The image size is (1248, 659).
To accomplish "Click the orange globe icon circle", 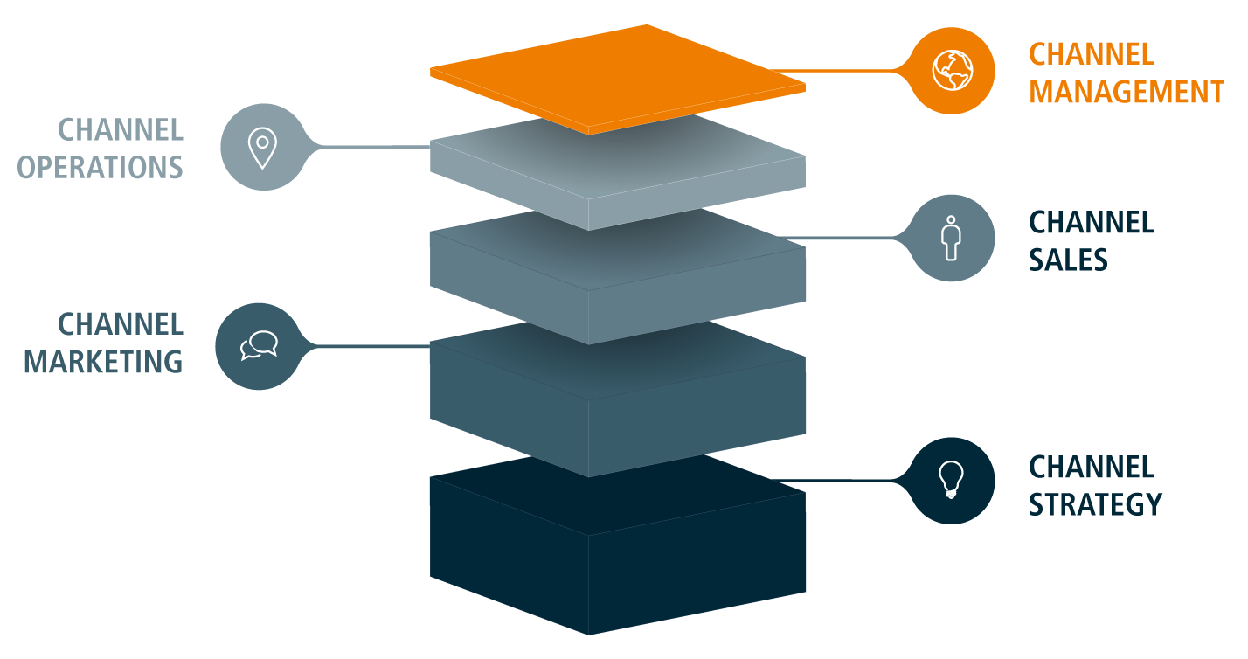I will [952, 71].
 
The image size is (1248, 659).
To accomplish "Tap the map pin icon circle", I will [262, 147].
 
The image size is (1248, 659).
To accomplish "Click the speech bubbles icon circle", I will [259, 346].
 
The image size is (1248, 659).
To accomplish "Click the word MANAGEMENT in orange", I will [1126, 92].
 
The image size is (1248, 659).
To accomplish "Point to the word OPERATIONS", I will [101, 167].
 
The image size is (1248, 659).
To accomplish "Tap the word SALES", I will [1068, 260].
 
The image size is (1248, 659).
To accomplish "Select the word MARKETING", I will [103, 362].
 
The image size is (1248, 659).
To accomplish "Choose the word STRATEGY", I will [1095, 504].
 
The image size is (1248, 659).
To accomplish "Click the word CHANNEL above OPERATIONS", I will [121, 130].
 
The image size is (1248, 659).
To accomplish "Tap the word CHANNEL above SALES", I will [1092, 223].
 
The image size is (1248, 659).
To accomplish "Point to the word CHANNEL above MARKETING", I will [121, 325].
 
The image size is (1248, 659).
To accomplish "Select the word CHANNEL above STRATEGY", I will [1092, 467].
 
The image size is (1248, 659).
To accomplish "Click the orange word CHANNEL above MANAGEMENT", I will [1092, 54].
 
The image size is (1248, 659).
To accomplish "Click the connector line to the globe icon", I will [839, 71].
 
